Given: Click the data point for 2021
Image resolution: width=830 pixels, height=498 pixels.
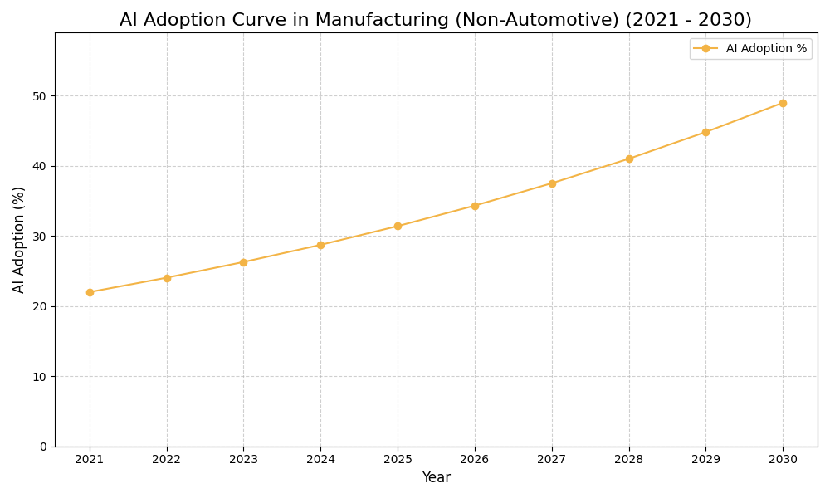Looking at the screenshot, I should tap(90, 292).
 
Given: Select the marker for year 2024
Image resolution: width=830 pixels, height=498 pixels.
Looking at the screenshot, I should tap(320, 245).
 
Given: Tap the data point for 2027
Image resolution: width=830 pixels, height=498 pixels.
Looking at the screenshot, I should tap(552, 183).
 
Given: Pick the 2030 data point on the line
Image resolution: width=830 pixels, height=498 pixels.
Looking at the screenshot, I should tap(783, 103).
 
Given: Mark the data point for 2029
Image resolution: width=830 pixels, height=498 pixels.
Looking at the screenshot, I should tap(705, 132).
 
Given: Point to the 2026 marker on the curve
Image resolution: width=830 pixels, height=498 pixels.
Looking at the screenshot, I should tap(475, 206).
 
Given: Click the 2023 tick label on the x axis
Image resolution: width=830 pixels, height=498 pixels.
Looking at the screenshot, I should tap(243, 460).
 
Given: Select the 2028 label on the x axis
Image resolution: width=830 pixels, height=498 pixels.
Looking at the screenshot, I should tap(628, 460).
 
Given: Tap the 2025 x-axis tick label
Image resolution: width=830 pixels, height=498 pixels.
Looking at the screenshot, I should tap(398, 460).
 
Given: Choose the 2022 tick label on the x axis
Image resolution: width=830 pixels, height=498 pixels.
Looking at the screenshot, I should tap(167, 460).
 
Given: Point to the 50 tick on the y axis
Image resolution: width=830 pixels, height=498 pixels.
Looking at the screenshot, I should tap(40, 96).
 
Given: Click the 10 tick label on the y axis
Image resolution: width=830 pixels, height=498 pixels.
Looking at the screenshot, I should tap(40, 377).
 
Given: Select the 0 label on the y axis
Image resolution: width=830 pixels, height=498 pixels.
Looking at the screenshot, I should tap(43, 447).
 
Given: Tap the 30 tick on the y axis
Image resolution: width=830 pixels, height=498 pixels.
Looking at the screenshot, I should tap(40, 237).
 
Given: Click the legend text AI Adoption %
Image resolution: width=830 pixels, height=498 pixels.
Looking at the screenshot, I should tap(766, 49).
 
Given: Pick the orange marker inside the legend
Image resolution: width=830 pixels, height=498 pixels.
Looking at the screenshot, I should tap(705, 49).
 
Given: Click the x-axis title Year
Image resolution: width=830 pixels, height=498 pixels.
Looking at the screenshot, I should tap(436, 478).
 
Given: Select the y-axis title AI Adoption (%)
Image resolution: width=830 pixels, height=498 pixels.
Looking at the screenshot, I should tap(19, 239).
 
